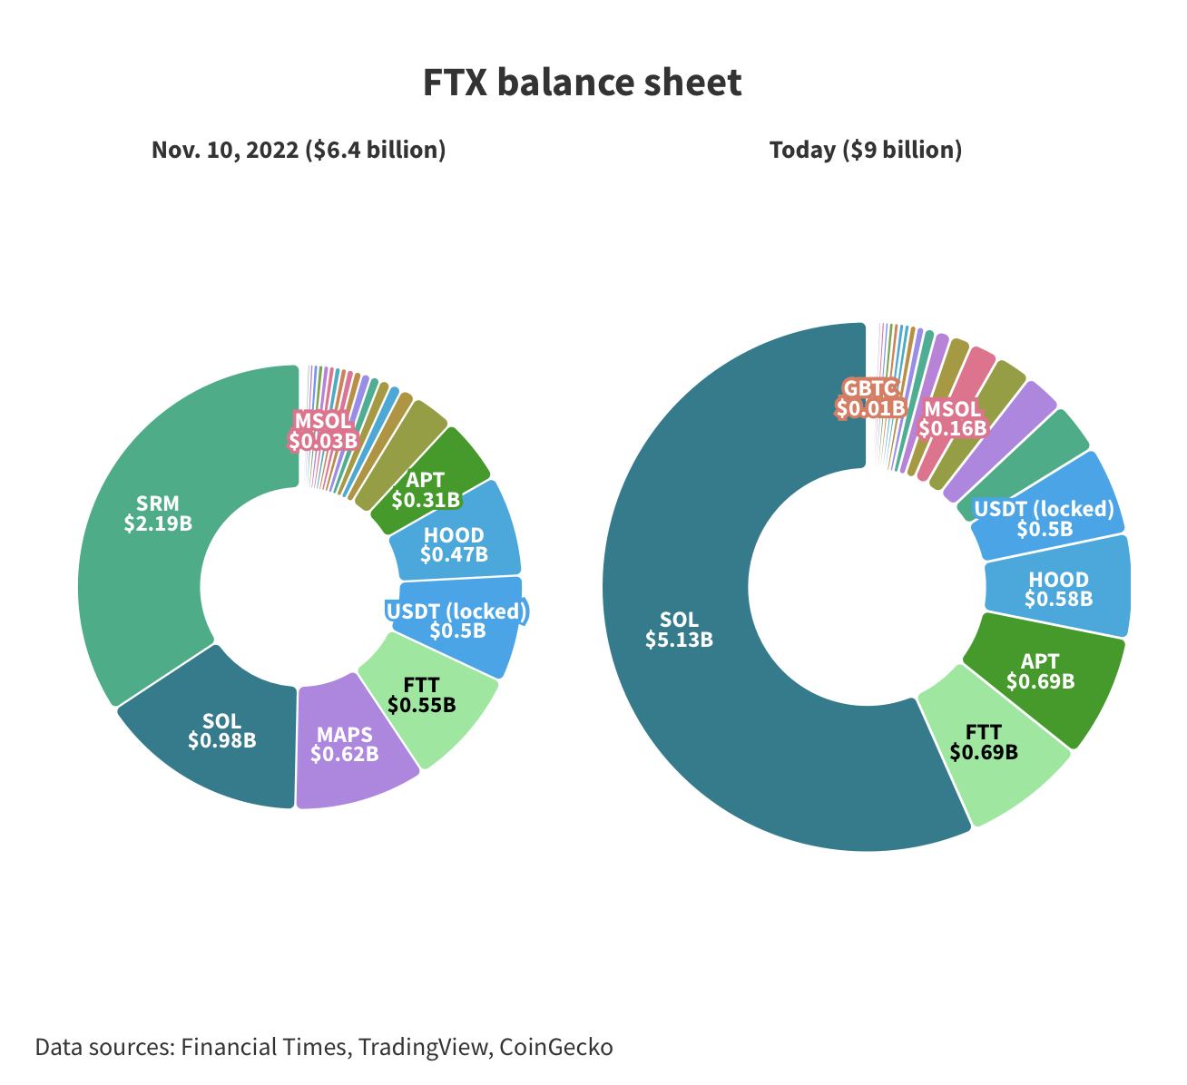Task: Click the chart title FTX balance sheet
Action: click(582, 83)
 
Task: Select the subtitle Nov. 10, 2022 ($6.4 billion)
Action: click(299, 150)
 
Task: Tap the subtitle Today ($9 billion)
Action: click(865, 150)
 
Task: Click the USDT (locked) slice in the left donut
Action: click(456, 621)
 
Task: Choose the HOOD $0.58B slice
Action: click(1058, 590)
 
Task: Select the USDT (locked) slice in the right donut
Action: click(1044, 518)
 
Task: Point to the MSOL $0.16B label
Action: click(953, 419)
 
